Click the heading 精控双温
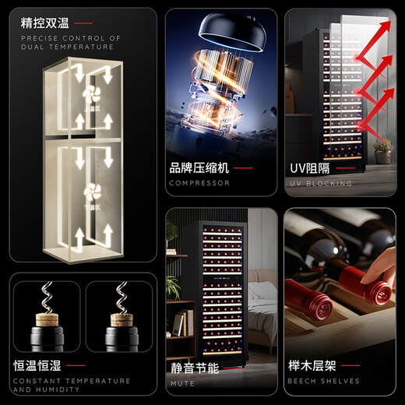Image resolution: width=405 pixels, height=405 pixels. click(45, 23)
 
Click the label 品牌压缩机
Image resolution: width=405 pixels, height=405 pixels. click(199, 167)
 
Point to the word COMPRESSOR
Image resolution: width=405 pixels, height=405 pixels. click(199, 184)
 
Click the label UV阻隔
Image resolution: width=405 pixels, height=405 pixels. click(312, 167)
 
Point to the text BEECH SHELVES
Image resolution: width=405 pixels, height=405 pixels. click(323, 382)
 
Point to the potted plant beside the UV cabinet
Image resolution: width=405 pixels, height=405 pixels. click(382, 148)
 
